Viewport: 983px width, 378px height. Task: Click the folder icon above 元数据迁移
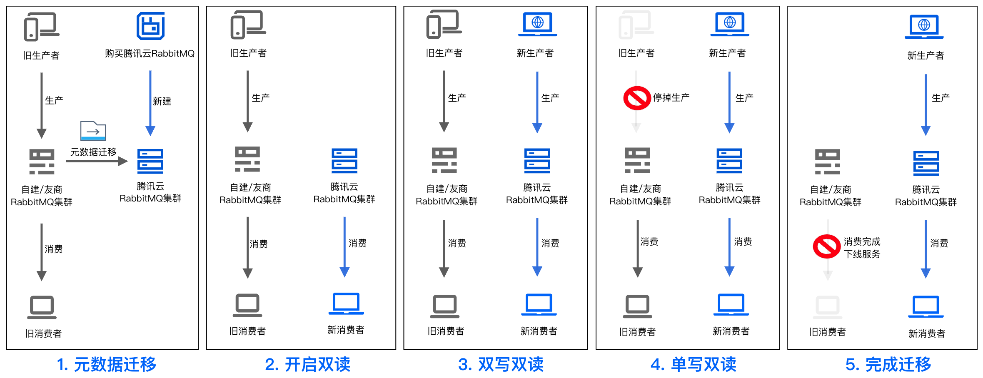(93, 131)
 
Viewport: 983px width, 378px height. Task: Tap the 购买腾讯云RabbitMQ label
(150, 54)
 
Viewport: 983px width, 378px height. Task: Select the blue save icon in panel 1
(150, 26)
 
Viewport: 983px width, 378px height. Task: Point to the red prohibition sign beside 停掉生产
(637, 98)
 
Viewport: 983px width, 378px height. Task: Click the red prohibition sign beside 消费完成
(827, 246)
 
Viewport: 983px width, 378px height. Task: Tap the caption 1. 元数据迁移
(107, 365)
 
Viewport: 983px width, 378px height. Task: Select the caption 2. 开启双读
(307, 365)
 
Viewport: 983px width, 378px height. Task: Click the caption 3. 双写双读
(501, 365)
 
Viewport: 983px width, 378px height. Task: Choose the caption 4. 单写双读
(693, 365)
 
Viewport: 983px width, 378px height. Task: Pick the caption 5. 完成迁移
(888, 365)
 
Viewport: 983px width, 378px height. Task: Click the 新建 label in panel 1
(162, 101)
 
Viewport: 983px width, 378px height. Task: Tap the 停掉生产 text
(671, 98)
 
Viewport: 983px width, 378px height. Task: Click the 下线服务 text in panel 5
(862, 254)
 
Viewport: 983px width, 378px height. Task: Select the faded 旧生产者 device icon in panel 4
(636, 25)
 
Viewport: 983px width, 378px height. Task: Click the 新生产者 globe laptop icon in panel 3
(538, 24)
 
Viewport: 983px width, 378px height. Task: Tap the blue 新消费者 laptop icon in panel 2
(346, 304)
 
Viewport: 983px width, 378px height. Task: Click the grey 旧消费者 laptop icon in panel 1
(42, 307)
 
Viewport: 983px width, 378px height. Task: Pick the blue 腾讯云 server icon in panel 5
(926, 163)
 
